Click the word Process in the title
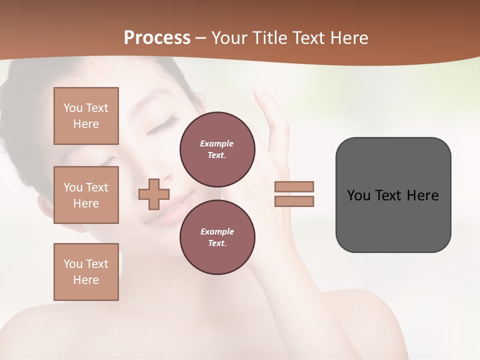(157, 38)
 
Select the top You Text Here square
(86, 116)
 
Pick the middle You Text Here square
(86, 195)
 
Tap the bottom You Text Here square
(86, 272)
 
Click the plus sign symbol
(154, 194)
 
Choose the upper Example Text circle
(217, 149)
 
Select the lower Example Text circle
(217, 237)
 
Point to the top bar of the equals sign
(294, 186)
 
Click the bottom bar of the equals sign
(294, 201)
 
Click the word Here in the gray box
(422, 195)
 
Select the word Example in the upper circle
(217, 143)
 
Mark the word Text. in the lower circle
(217, 243)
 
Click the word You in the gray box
(358, 195)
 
